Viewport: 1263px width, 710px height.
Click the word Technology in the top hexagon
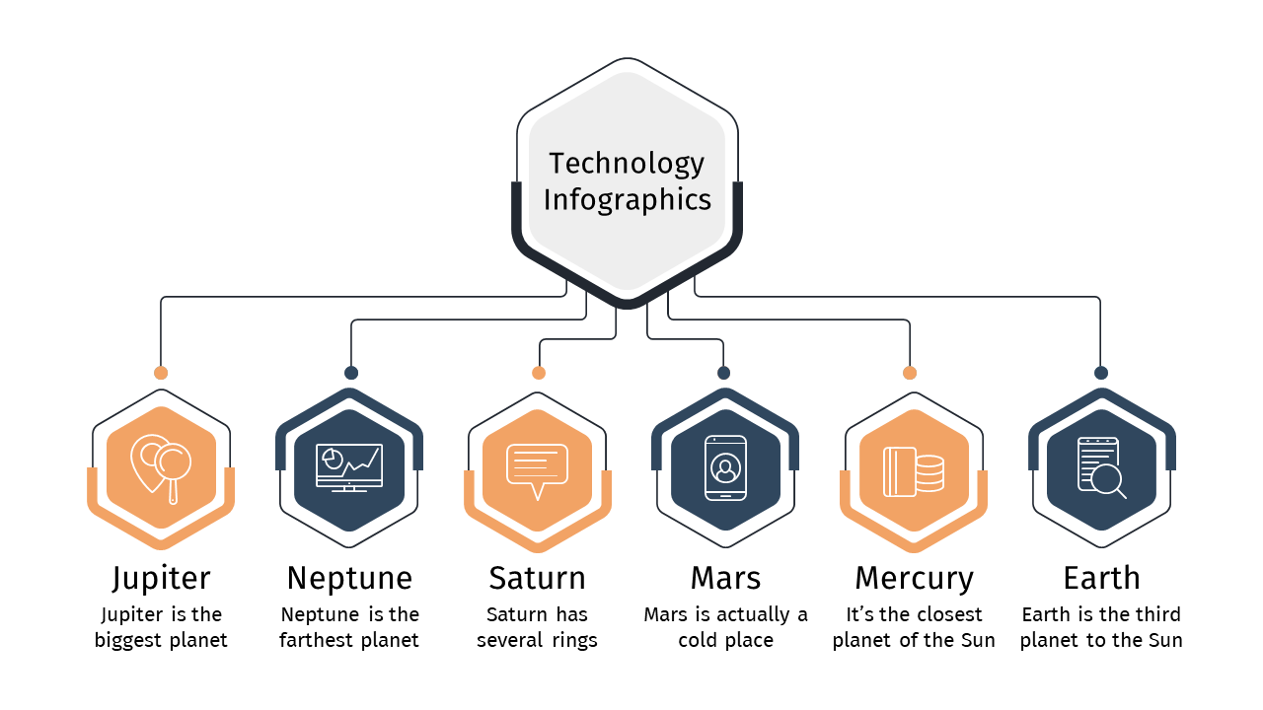click(627, 164)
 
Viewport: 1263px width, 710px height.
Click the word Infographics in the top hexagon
click(627, 200)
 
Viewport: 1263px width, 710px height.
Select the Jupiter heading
click(161, 579)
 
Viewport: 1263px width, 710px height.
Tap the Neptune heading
click(349, 578)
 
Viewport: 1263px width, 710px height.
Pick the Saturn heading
click(538, 578)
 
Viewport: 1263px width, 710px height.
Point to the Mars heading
click(725, 578)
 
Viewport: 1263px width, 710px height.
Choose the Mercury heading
click(914, 579)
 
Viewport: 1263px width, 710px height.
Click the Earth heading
click(1102, 578)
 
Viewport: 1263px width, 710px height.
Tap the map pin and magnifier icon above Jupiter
click(161, 468)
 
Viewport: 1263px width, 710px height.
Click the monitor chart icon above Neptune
click(349, 467)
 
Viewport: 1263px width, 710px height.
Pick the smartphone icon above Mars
click(725, 468)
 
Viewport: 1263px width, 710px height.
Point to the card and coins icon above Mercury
click(914, 472)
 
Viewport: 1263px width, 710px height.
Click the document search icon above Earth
click(1102, 468)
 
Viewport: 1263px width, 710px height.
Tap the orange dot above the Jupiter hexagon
click(161, 373)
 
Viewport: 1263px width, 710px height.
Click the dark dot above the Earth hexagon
click(1101, 373)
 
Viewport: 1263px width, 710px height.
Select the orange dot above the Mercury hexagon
click(910, 373)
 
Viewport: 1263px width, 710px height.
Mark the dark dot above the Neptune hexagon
click(351, 373)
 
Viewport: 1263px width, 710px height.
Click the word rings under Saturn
click(574, 641)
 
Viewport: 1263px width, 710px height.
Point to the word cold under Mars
click(698, 640)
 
